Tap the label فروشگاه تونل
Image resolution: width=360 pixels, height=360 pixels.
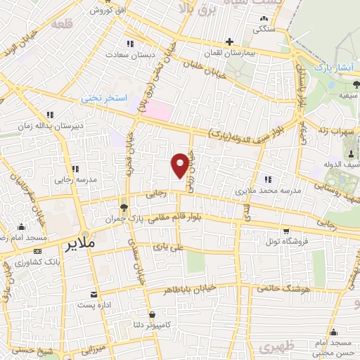(x=285, y=240)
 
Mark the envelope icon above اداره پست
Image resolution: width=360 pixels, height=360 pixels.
(x=94, y=294)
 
